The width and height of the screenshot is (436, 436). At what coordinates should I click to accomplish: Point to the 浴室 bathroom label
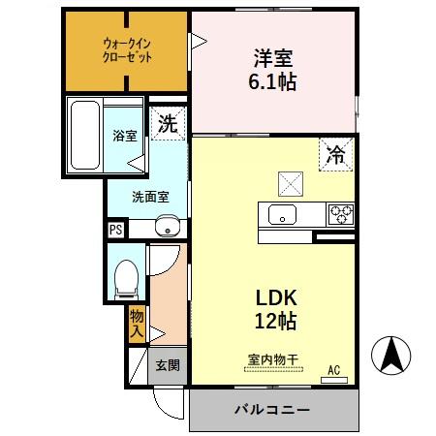click(x=123, y=136)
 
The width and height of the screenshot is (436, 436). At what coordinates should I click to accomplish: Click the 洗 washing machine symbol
click(x=169, y=123)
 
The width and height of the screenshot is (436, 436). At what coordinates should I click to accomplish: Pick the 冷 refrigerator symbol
click(x=334, y=153)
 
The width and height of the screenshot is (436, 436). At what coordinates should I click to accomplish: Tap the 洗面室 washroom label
click(x=150, y=197)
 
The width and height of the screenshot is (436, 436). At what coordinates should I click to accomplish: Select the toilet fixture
click(x=124, y=276)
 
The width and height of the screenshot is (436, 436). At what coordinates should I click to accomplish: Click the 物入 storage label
click(x=138, y=324)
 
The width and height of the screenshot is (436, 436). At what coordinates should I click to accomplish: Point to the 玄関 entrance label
click(x=167, y=365)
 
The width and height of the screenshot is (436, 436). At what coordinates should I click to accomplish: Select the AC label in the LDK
click(x=333, y=369)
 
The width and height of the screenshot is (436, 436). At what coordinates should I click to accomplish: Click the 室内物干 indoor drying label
click(x=271, y=360)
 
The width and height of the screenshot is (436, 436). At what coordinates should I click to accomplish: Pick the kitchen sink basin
click(x=282, y=215)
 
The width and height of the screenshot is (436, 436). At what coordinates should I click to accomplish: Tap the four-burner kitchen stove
click(x=341, y=212)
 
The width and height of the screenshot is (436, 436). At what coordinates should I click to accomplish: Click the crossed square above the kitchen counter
click(x=290, y=181)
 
